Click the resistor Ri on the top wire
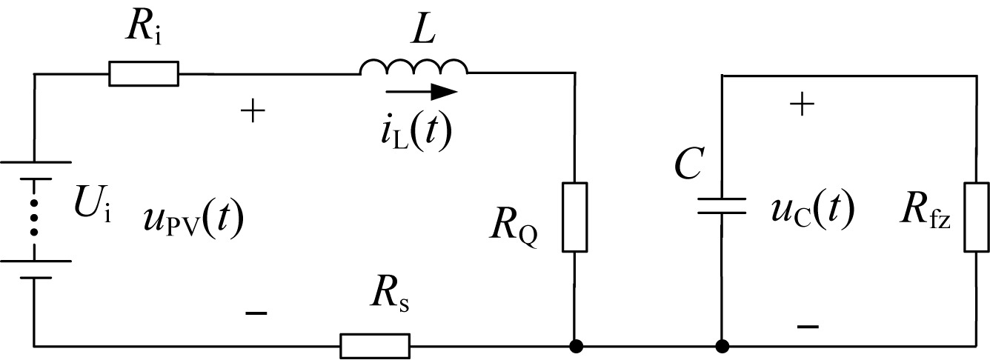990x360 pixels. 143,73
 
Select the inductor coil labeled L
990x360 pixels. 413,67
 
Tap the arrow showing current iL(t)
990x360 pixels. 422,92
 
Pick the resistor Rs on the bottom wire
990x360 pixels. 374,345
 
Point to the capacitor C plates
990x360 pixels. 721,205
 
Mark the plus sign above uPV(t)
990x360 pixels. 253,112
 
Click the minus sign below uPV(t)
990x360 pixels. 255,314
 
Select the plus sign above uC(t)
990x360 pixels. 803,105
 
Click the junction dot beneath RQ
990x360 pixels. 575,345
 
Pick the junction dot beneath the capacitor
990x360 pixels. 721,345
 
